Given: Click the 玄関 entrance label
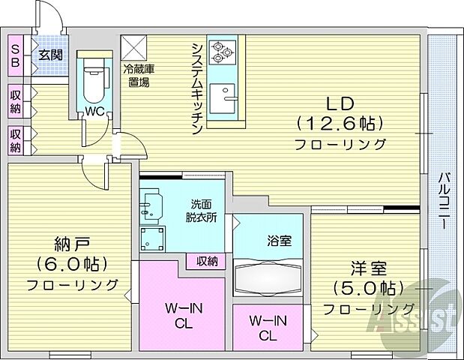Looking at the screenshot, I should click(x=51, y=54).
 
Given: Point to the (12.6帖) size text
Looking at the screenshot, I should click(x=340, y=122).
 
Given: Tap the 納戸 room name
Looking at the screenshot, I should click(x=72, y=244).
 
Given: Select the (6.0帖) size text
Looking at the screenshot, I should click(x=72, y=264).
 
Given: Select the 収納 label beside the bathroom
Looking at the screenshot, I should click(x=207, y=261).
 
